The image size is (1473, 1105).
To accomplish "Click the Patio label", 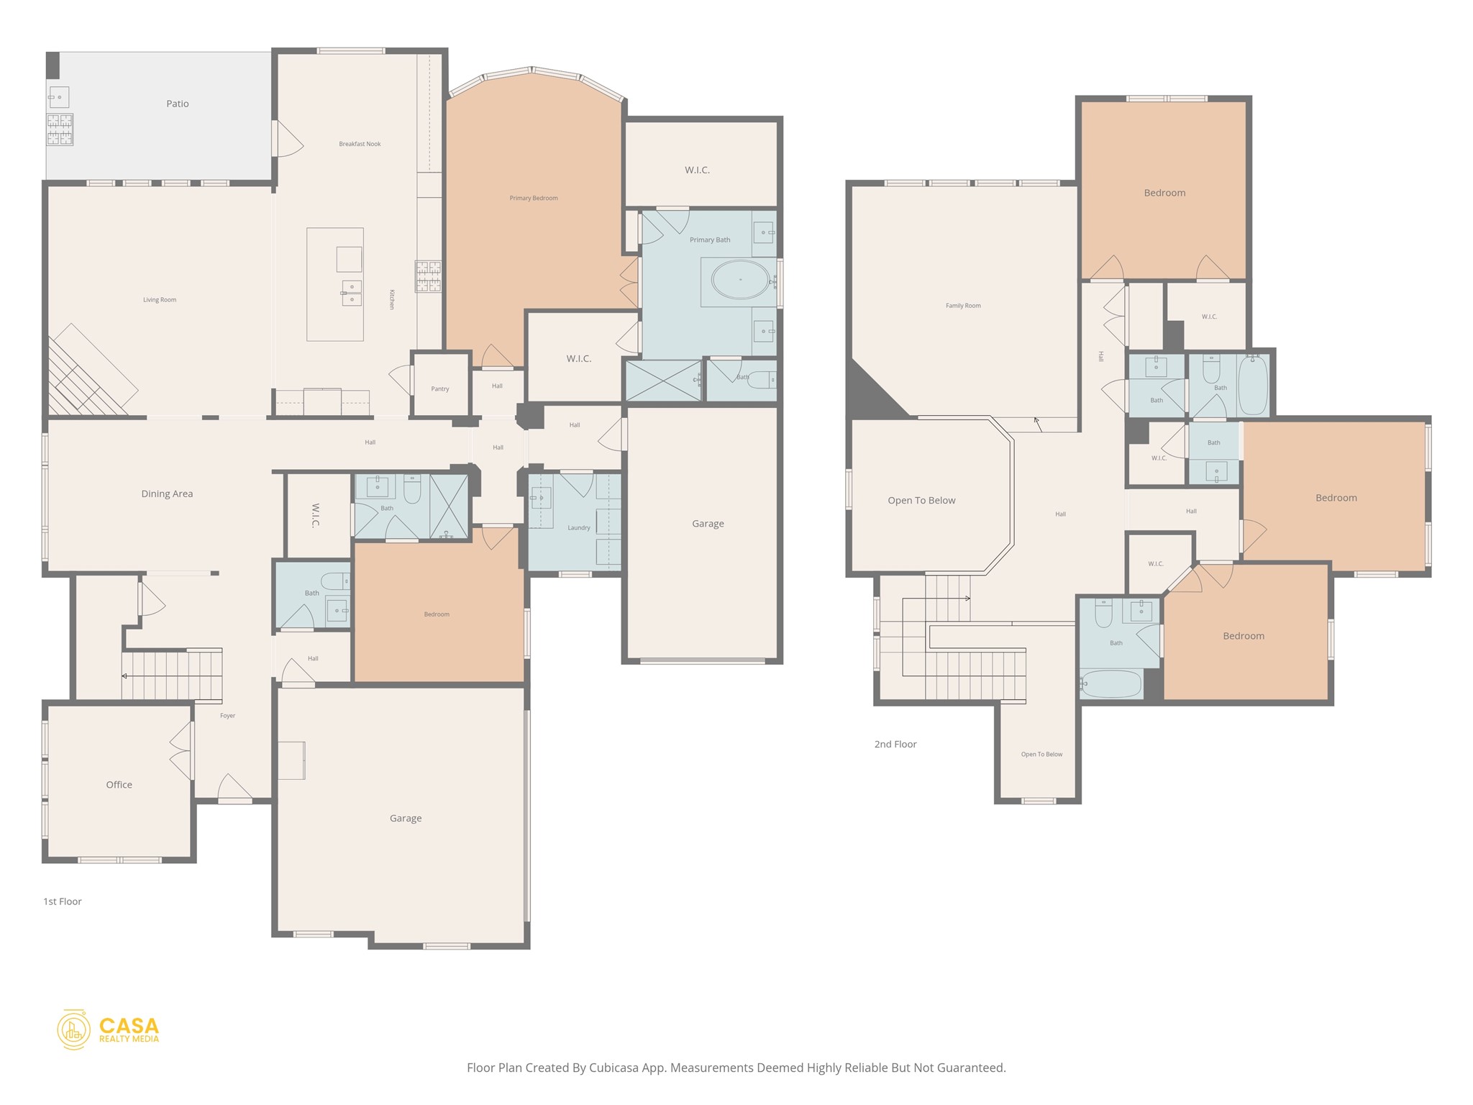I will pyautogui.click(x=178, y=104).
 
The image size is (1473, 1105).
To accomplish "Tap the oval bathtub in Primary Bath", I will pyautogui.click(x=740, y=279).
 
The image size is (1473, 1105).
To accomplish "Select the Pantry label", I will pyautogui.click(x=440, y=389).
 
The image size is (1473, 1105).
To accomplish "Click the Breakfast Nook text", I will pyautogui.click(x=360, y=144).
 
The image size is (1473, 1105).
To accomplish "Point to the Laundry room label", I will pyautogui.click(x=578, y=528).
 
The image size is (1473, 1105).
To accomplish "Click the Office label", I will pyautogui.click(x=119, y=785).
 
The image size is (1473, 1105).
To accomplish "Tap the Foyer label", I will pyautogui.click(x=227, y=716).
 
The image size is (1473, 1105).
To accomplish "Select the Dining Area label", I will pyautogui.click(x=167, y=494).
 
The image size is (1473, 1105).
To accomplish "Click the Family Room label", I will pyautogui.click(x=963, y=306).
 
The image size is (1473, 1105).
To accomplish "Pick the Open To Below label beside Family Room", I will pyautogui.click(x=921, y=501).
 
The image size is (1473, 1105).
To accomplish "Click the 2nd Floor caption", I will pyautogui.click(x=895, y=745).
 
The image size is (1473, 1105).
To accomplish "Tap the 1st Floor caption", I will pyautogui.click(x=63, y=901).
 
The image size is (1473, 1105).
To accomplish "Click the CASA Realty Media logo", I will pyautogui.click(x=109, y=1029).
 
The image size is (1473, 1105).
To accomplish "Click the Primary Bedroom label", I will pyautogui.click(x=534, y=199).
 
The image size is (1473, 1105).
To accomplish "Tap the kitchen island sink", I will pyautogui.click(x=352, y=293).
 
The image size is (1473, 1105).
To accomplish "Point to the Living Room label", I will pyautogui.click(x=160, y=300).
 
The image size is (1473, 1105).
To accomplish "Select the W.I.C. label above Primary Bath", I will pyautogui.click(x=697, y=170).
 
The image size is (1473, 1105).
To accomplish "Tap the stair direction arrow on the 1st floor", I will pyautogui.click(x=125, y=676).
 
